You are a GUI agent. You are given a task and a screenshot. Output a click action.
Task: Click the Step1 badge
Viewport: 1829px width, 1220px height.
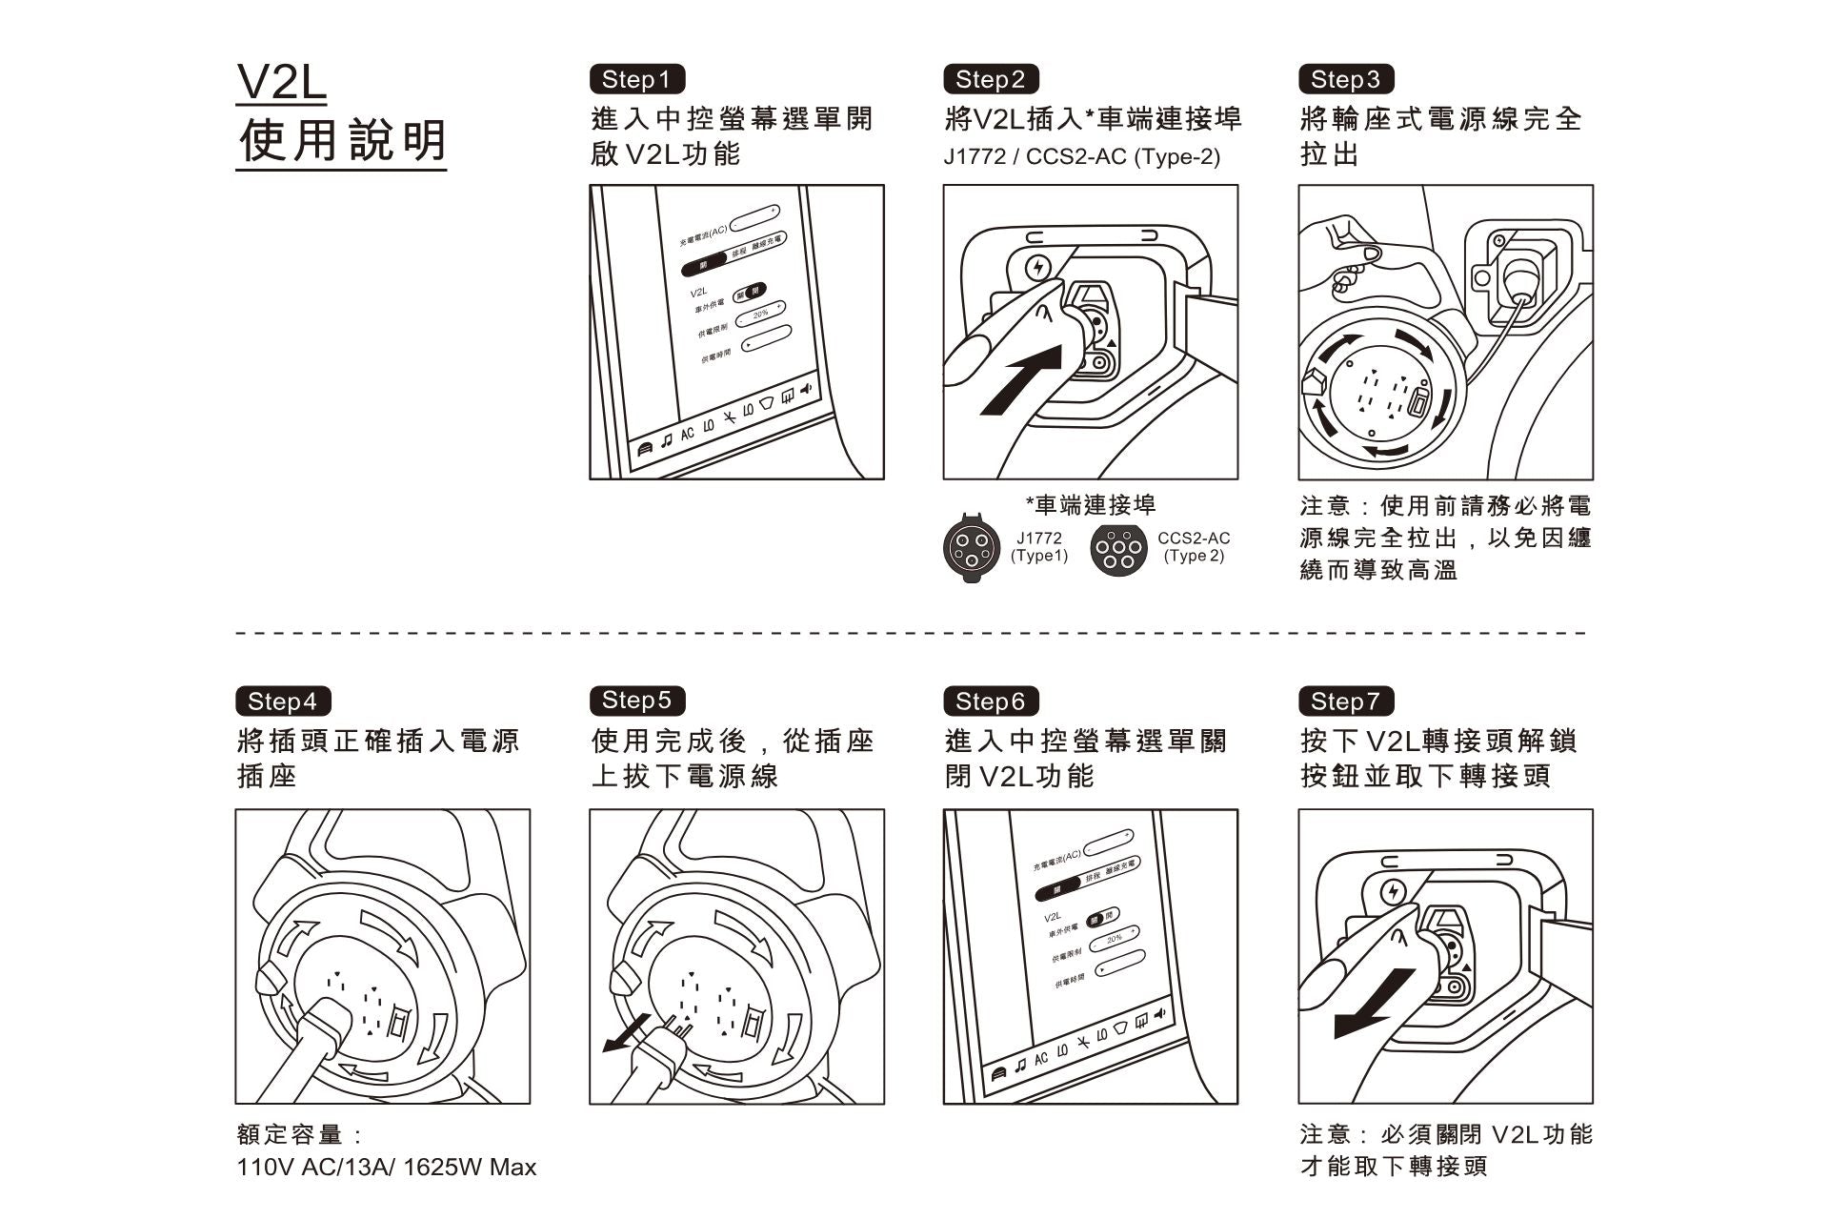636,79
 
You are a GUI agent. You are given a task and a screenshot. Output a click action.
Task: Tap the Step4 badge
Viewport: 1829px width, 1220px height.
282,701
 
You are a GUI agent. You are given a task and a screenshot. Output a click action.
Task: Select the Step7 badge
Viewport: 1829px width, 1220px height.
1345,701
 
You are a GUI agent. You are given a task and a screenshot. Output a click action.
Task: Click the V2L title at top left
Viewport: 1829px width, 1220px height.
281,84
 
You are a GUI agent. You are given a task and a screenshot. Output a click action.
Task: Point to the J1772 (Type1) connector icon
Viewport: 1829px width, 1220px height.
971,548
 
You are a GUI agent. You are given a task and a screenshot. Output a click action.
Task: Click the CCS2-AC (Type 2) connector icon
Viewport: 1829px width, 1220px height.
1117,549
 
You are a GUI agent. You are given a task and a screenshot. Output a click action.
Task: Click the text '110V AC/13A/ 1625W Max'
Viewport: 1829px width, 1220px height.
386,1167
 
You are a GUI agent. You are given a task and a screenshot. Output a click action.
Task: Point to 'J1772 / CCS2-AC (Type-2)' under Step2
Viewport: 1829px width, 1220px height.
1081,156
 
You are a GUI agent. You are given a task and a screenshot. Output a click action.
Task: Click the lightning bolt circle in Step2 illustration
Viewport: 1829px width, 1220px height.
1037,268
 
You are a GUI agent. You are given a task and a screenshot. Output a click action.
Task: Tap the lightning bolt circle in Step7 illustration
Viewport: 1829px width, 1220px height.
1393,892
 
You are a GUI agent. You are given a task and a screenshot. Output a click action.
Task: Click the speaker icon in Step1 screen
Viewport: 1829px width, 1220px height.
806,389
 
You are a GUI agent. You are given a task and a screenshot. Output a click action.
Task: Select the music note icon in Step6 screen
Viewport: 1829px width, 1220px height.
1020,1066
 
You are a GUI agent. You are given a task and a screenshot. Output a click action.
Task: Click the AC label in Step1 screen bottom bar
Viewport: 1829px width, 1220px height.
687,433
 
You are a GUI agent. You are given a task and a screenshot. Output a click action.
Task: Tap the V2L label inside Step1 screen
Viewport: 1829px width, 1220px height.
698,292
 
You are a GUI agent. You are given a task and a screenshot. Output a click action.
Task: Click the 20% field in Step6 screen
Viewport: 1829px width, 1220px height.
1115,938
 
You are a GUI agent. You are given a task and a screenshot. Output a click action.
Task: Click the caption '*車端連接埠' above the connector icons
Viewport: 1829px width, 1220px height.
1090,504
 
